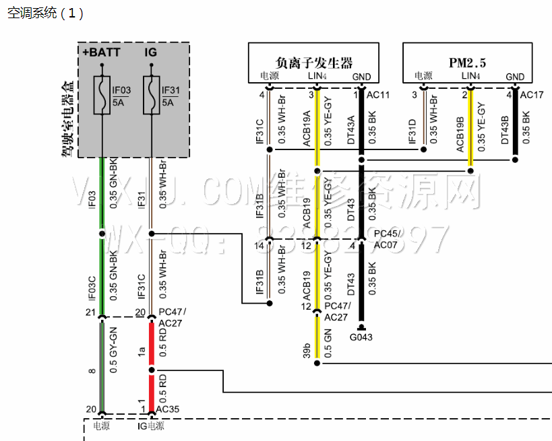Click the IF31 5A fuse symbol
point(151,96)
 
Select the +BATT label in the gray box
point(101,52)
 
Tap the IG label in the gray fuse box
point(151,52)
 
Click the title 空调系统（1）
point(45,13)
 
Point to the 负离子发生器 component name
point(315,63)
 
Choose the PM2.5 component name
point(468,63)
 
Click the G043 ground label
point(361,337)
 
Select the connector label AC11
point(377,95)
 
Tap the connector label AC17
point(532,95)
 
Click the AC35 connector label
point(168,408)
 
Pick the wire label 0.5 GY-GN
point(113,349)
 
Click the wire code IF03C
point(92,286)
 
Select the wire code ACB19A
point(307,129)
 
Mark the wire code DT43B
point(505,129)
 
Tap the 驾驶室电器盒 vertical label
point(67,118)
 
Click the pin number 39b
point(307,351)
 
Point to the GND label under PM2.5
point(515,77)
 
